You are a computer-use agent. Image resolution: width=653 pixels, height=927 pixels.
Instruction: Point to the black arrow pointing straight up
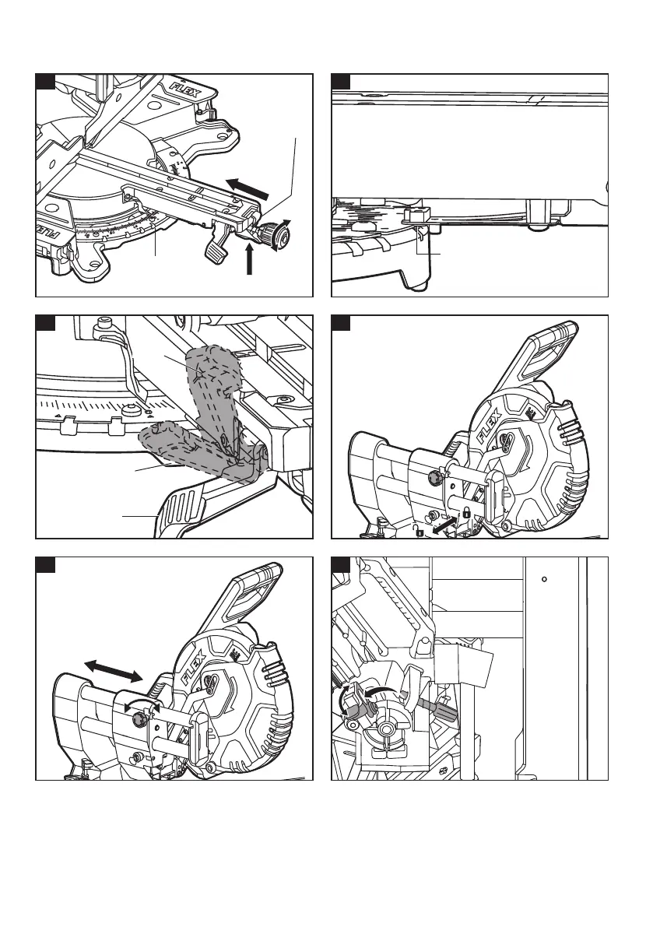[250, 260]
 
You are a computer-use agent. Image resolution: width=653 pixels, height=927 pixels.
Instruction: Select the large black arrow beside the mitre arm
[249, 188]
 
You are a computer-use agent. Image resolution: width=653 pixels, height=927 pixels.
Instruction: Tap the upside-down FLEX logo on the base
[48, 235]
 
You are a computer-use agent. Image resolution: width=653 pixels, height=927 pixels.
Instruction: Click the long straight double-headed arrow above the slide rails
[114, 670]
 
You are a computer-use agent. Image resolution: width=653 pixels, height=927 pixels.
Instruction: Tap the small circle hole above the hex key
[545, 578]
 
